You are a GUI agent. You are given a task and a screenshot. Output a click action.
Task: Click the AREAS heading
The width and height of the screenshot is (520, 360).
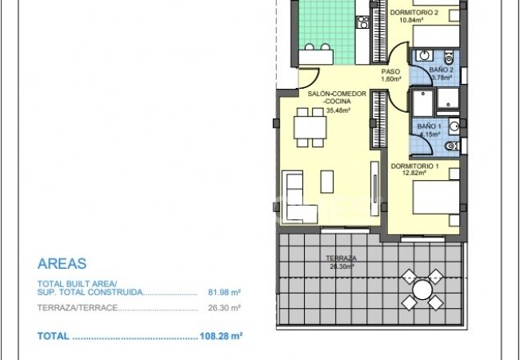[x=62, y=263]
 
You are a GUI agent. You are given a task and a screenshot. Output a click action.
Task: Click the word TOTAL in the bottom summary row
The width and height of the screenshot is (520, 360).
[x=53, y=337]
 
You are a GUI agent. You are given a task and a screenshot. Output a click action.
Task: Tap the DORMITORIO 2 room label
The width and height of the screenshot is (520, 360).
[x=414, y=13]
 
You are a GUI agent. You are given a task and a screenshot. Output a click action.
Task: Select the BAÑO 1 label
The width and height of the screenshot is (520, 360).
[x=429, y=126]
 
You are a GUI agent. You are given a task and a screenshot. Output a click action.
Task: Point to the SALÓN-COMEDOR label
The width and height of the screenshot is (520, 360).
[x=337, y=94]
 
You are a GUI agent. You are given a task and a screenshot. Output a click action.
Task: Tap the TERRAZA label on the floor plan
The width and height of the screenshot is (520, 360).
[x=341, y=258]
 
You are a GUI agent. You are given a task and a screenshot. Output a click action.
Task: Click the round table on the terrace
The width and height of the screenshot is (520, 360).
[x=421, y=289]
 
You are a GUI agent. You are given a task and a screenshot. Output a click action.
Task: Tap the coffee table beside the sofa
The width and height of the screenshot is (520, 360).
[x=327, y=182]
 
